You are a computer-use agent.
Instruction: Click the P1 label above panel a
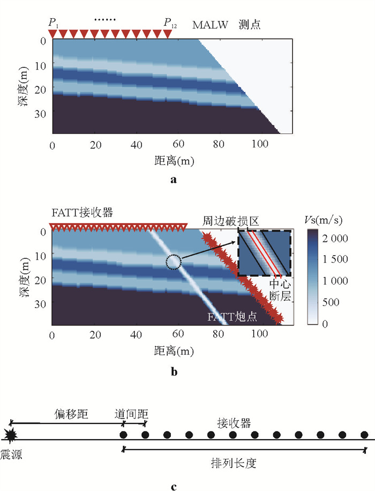coord(52,23)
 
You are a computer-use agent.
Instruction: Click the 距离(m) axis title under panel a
coord(172,161)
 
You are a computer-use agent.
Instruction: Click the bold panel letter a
coord(172,180)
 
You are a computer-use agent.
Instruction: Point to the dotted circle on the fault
coord(174,262)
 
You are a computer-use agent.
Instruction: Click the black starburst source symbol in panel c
coord(10,434)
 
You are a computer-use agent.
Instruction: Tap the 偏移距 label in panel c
coord(71,414)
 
